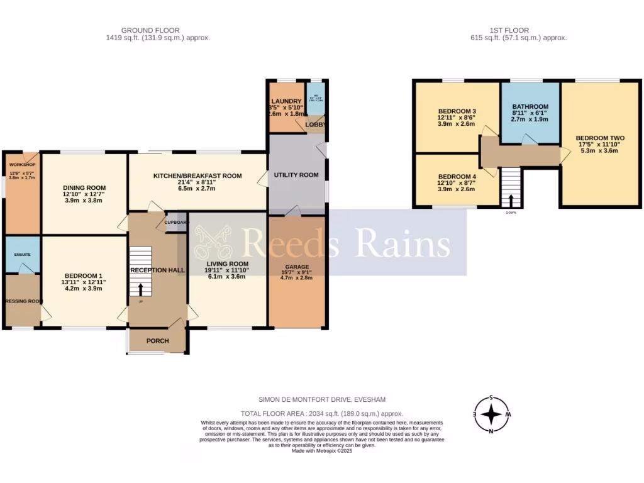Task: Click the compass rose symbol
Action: coord(491,414)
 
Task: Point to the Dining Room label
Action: coord(84,187)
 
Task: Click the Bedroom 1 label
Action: coord(84,275)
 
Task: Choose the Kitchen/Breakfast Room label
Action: coord(197,176)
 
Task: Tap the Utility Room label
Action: coord(296,174)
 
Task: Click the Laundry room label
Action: coord(286,101)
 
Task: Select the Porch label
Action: coord(157,341)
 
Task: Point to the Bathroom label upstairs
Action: coord(530,106)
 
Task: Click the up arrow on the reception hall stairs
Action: coord(140,289)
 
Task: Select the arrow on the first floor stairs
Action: coord(511,201)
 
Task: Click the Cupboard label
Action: coord(176,222)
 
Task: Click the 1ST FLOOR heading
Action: coord(509,30)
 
